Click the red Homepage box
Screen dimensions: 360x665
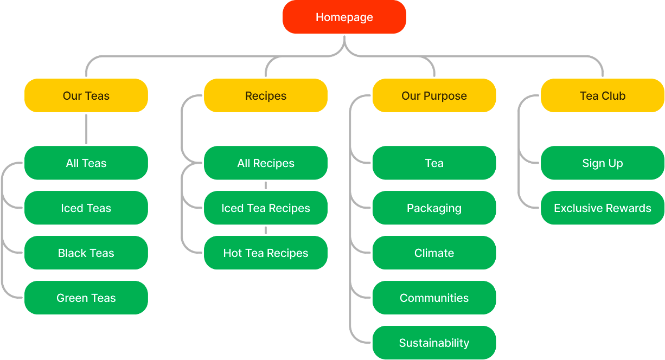coord(344,17)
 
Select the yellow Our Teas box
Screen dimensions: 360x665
coord(86,96)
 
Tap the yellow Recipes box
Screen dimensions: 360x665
coord(265,96)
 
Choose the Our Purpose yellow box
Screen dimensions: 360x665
coord(434,96)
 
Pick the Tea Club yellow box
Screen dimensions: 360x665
coord(602,96)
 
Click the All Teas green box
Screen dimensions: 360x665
coord(86,163)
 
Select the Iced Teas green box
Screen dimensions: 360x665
coord(86,208)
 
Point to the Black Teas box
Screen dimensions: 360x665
coord(86,253)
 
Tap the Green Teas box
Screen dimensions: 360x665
coord(86,298)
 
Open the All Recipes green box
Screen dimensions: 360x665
coord(265,163)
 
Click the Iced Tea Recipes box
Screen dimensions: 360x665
coord(265,208)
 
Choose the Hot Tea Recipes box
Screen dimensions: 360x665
coord(265,253)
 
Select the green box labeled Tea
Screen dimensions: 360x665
coord(434,163)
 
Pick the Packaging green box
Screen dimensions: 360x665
coord(434,208)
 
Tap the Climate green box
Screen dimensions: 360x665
coord(434,253)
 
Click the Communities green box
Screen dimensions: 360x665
coord(434,298)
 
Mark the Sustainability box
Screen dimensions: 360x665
coord(434,343)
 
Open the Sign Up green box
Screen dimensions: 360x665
coord(602,163)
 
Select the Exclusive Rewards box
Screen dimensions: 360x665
coord(602,208)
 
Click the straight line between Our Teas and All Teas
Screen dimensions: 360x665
coord(86,129)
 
